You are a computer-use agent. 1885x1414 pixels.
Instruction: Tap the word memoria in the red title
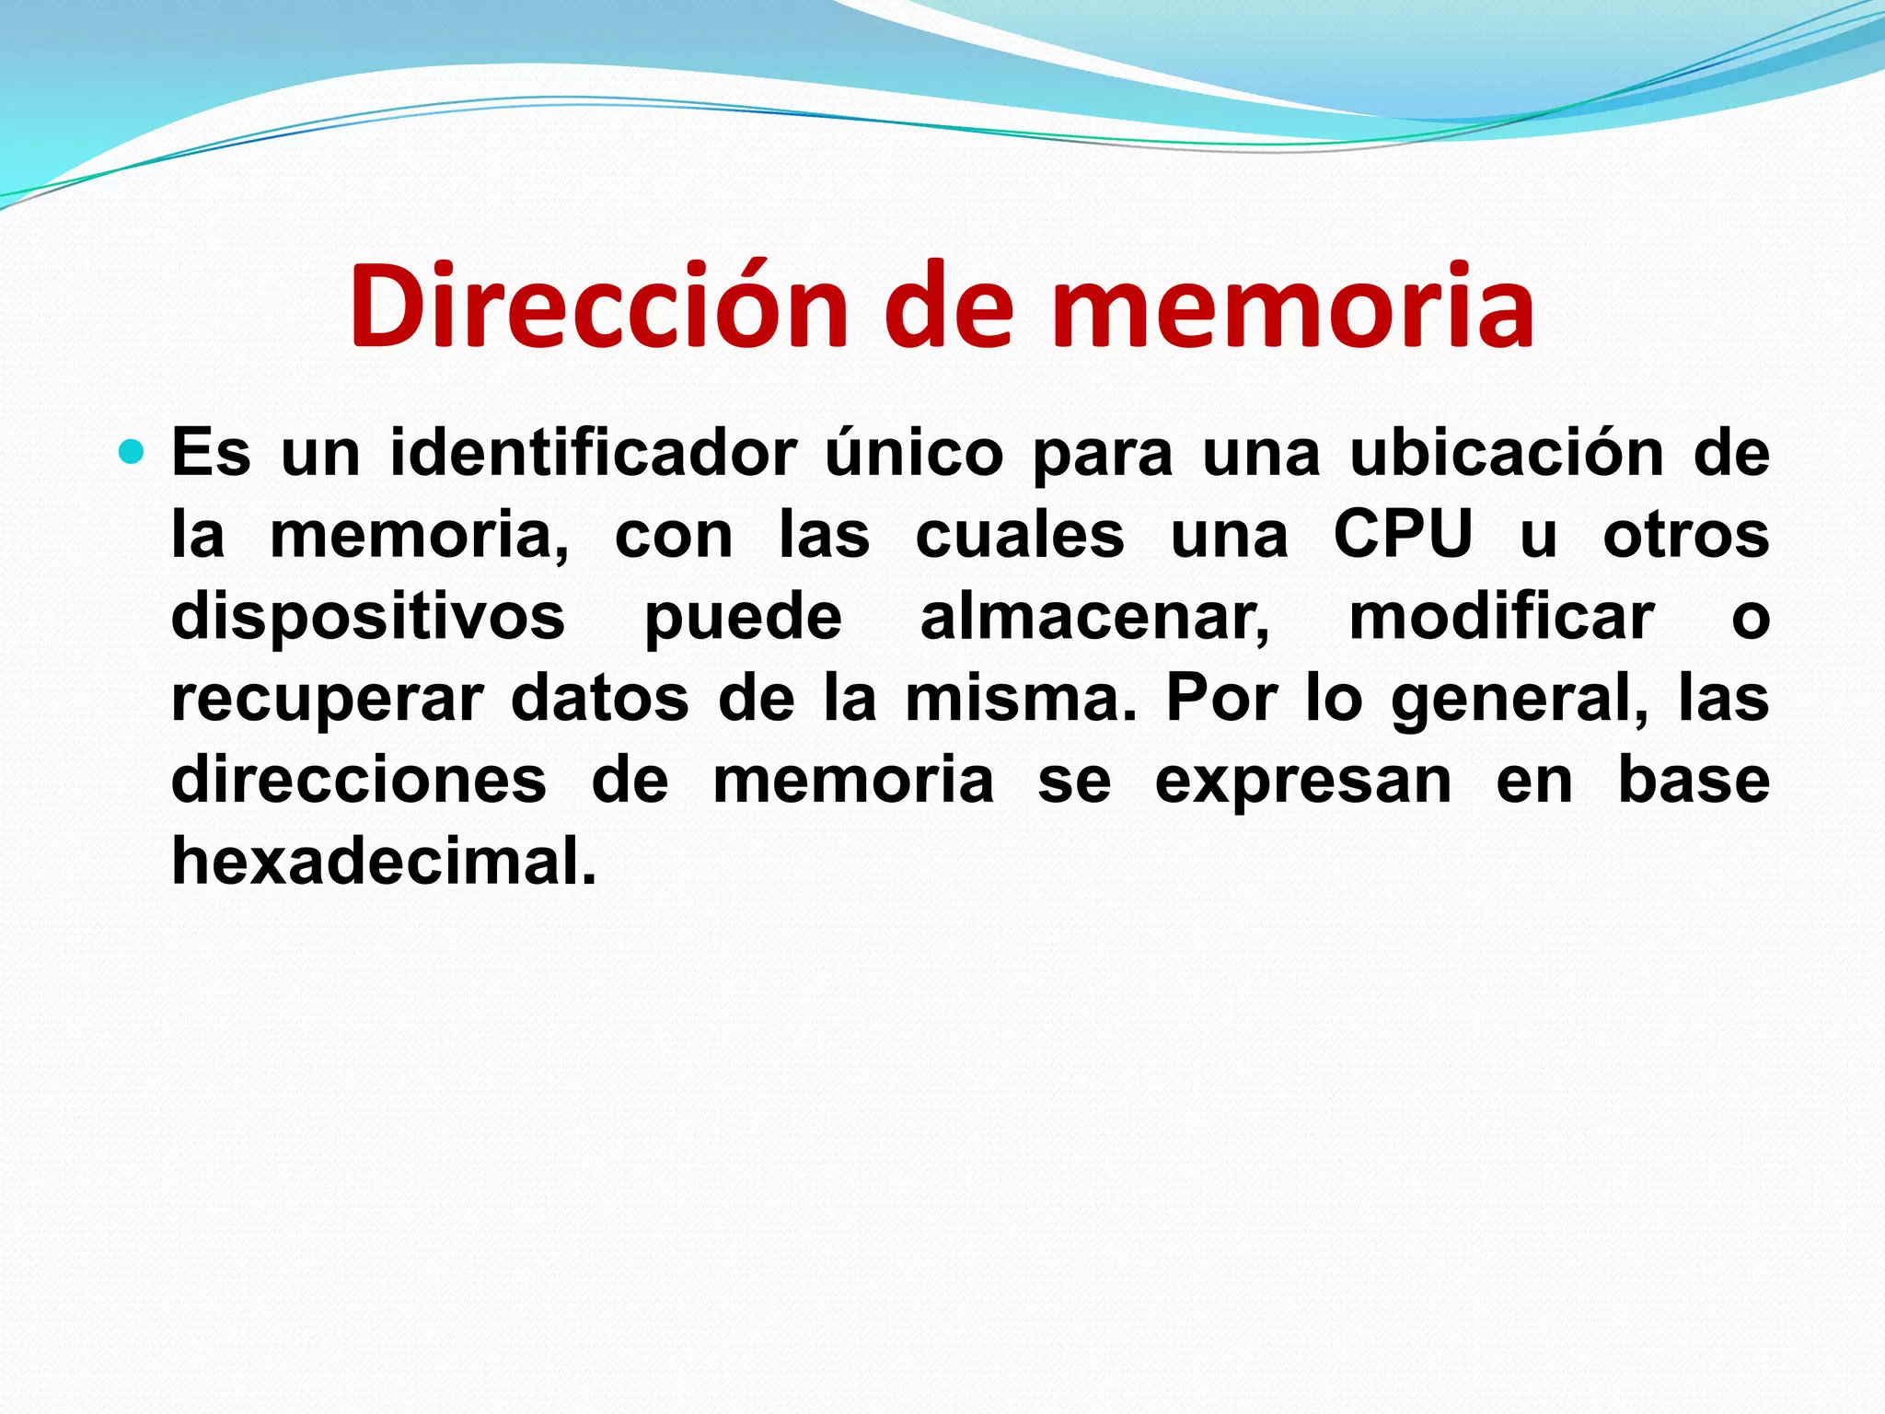click(x=1293, y=307)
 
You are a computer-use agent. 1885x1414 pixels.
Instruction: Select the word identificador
click(x=594, y=453)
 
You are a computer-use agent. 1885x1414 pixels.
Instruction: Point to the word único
click(x=913, y=453)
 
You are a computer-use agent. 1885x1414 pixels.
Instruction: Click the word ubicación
click(x=1507, y=453)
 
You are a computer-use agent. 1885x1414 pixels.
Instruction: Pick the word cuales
click(x=1020, y=535)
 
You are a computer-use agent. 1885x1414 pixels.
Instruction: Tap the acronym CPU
click(x=1404, y=535)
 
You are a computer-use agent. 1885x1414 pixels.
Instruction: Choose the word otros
click(x=1686, y=535)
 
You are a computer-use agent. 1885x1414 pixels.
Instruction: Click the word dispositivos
click(x=368, y=617)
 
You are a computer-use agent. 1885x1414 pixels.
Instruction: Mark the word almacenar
click(x=1094, y=617)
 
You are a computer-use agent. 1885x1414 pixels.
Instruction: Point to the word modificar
click(x=1501, y=617)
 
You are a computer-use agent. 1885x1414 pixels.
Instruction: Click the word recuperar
click(x=327, y=701)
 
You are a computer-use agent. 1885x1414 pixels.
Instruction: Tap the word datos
click(x=599, y=699)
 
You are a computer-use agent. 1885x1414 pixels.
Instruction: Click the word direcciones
click(x=359, y=781)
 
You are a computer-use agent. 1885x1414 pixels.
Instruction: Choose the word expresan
click(x=1303, y=782)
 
